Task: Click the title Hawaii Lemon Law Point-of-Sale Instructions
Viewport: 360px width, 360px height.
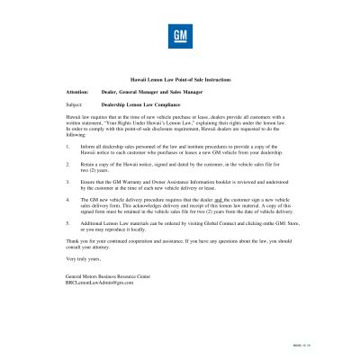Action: click(x=180, y=80)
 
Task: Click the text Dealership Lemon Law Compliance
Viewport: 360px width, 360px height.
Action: click(x=142, y=104)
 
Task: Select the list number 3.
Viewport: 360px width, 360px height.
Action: click(x=68, y=184)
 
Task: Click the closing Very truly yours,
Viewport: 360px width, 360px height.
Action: click(x=84, y=258)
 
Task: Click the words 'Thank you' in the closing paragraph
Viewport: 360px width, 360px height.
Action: click(x=78, y=240)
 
